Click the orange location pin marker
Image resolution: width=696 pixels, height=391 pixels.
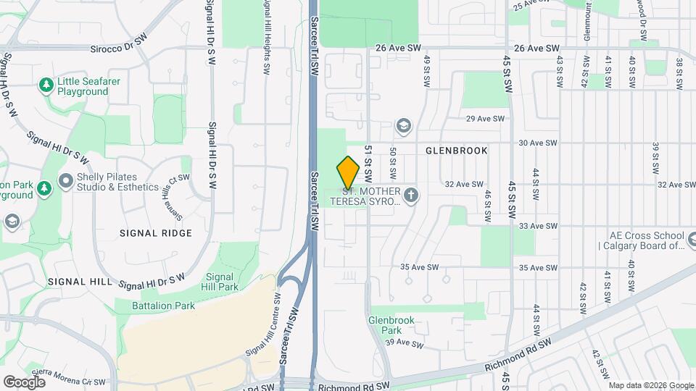click(349, 172)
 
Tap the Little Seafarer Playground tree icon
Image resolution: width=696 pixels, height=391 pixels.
click(46, 85)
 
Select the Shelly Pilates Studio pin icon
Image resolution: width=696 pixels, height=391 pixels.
click(66, 179)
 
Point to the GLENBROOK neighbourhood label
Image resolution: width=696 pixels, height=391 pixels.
click(456, 151)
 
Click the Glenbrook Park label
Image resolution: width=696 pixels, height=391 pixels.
click(391, 324)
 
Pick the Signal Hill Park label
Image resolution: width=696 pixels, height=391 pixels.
click(222, 282)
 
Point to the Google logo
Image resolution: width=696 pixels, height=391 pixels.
click(24, 382)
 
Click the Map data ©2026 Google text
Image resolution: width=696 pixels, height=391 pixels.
click(650, 384)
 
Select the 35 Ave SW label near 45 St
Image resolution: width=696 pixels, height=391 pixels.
click(536, 267)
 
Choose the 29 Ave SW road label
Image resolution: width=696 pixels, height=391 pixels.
click(480, 119)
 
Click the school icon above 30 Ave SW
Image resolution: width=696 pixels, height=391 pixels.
click(403, 127)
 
